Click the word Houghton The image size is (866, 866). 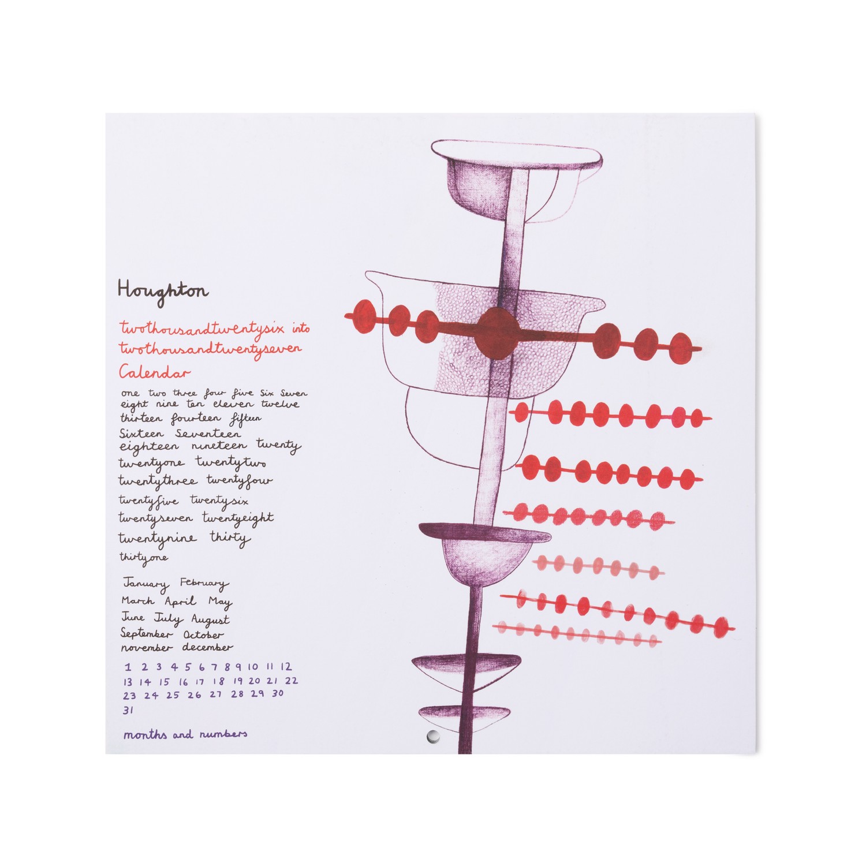[163, 290]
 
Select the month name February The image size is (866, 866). [204, 584]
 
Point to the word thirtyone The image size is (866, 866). [144, 558]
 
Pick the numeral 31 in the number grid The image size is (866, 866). [128, 710]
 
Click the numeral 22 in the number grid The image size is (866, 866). [292, 681]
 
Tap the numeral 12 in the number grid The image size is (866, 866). [286, 667]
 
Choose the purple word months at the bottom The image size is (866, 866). [145, 735]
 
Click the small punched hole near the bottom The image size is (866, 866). [431, 735]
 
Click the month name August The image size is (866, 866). [210, 620]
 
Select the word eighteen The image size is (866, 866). [149, 447]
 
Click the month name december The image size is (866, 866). [208, 648]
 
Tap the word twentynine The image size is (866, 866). [157, 539]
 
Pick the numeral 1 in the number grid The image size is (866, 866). [128, 667]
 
